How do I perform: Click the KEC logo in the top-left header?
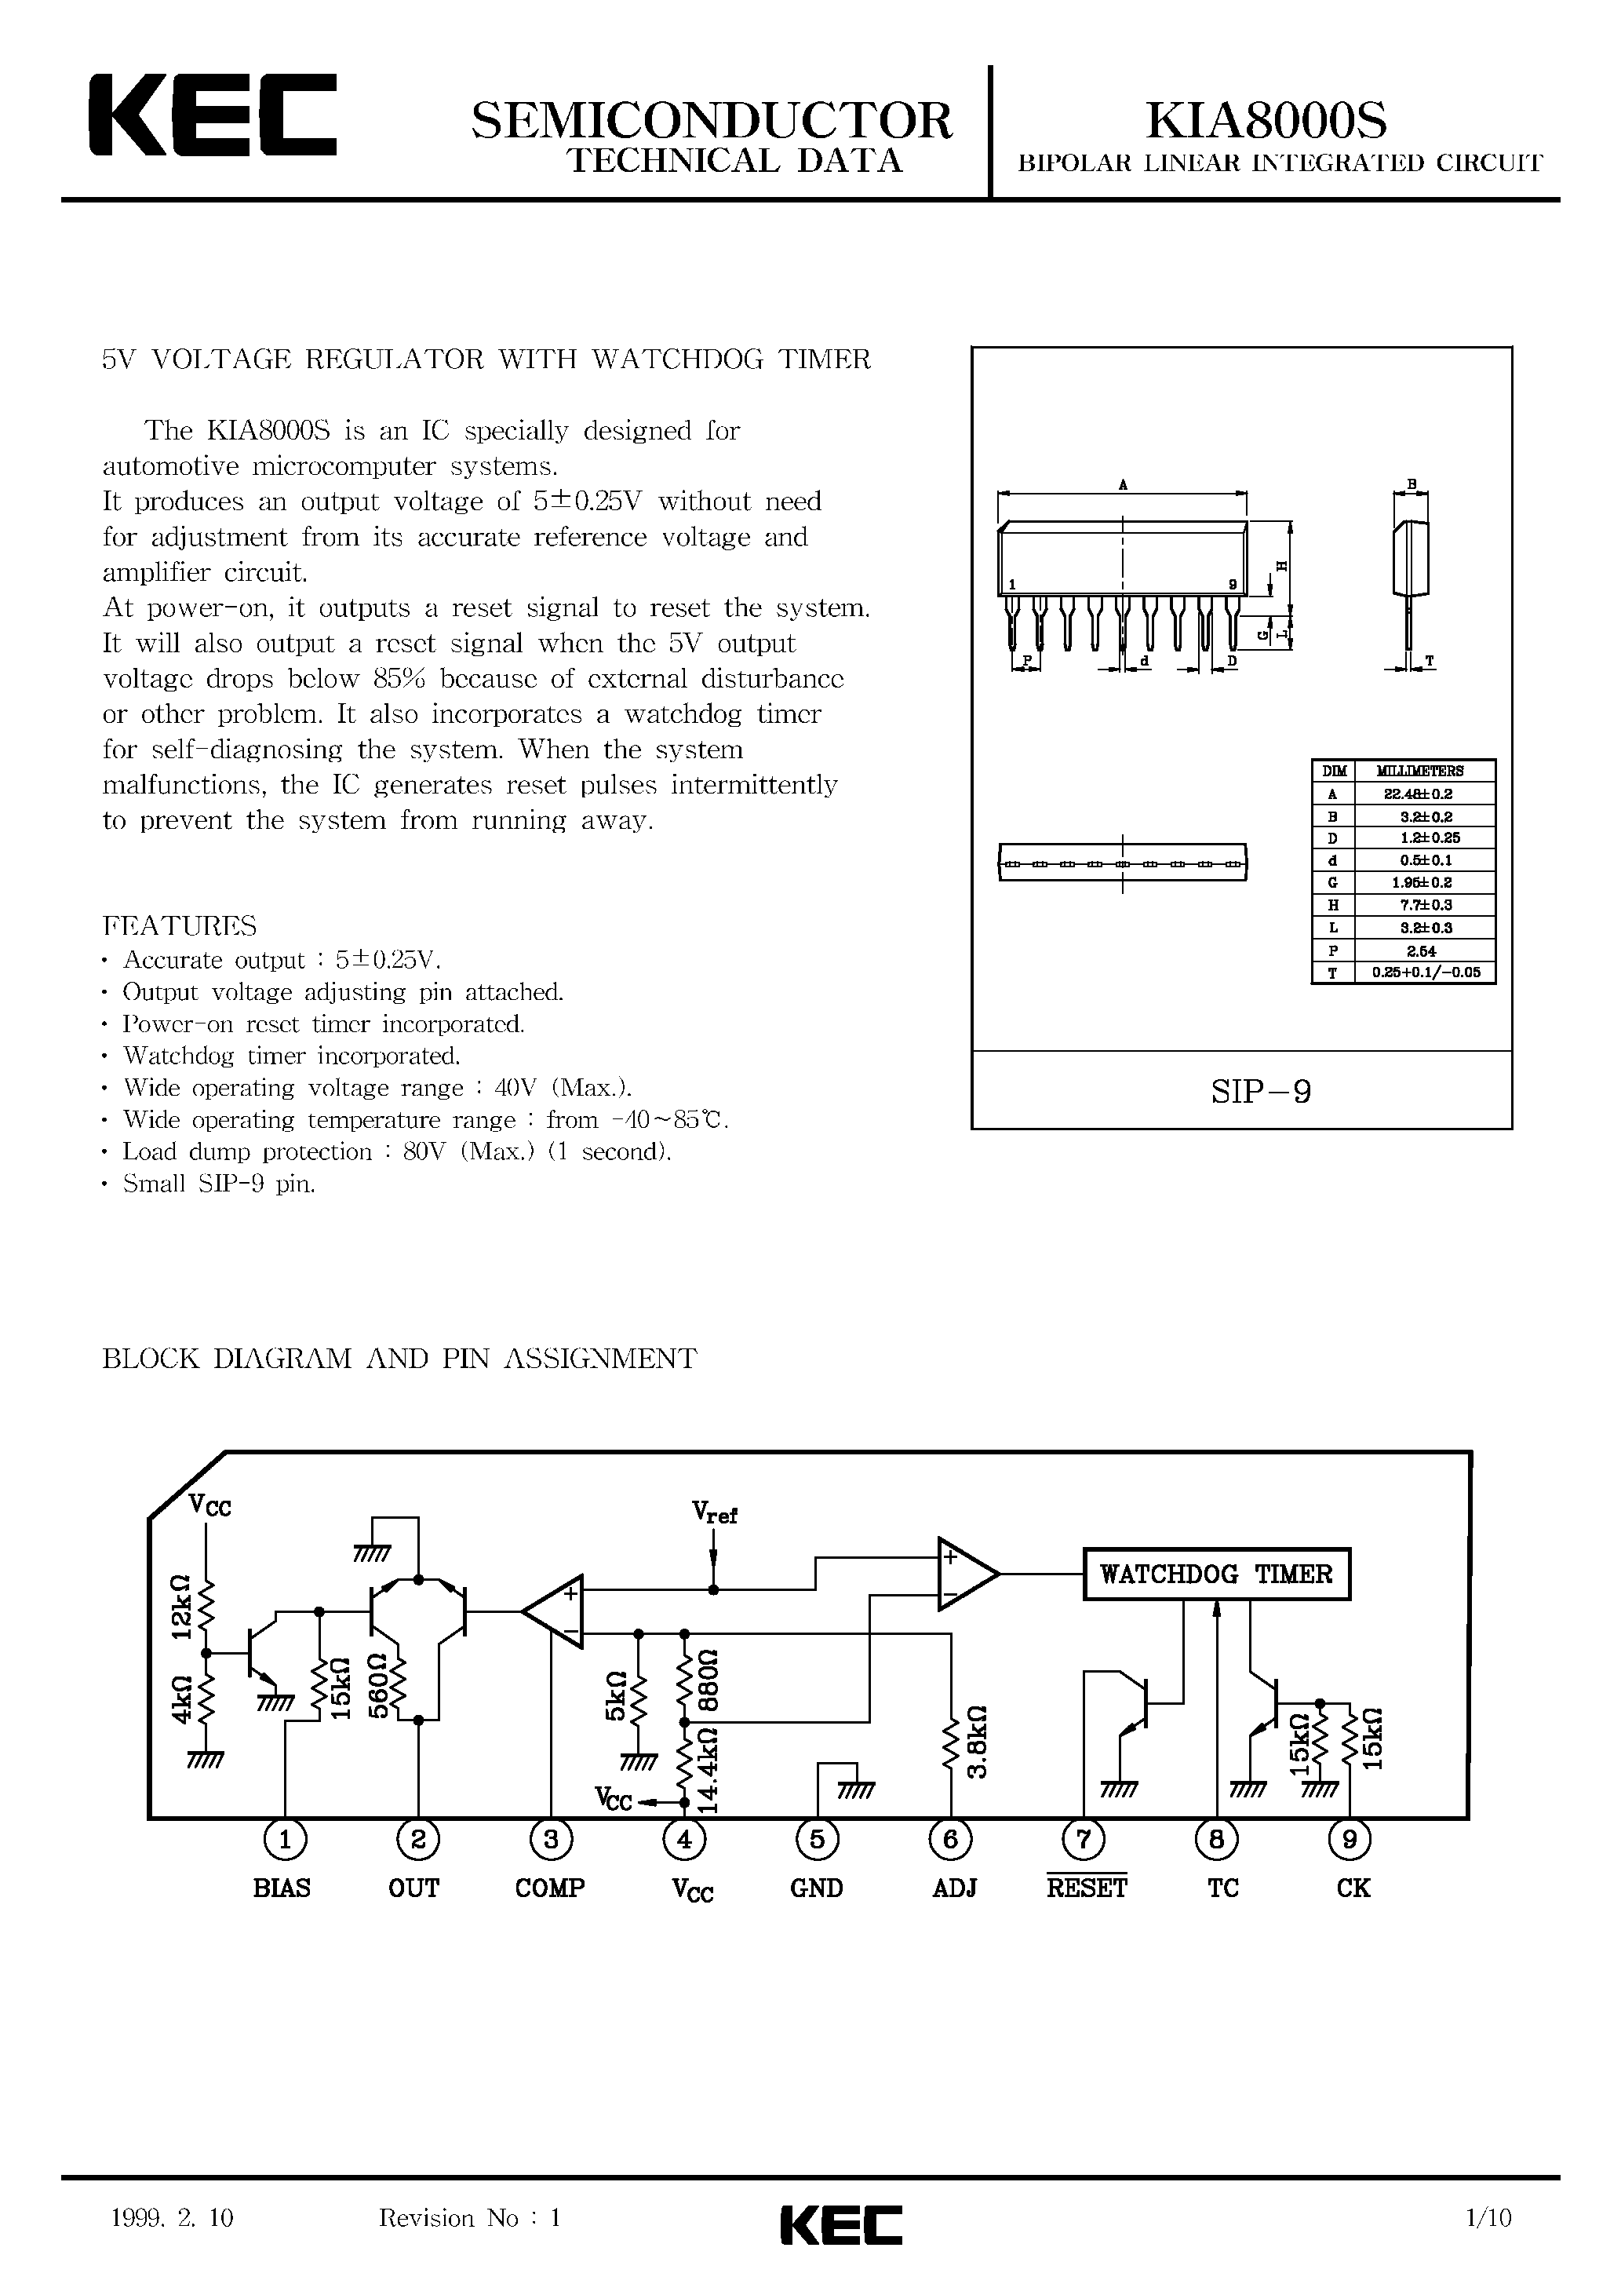(212, 116)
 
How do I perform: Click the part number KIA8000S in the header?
(1266, 121)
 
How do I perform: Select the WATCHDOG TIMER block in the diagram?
(1216, 1574)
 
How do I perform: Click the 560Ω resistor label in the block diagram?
(377, 1686)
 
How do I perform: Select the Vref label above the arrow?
(713, 1512)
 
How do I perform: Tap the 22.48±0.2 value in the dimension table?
(1425, 794)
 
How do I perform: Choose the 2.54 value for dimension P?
(1425, 950)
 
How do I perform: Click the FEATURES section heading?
(179, 925)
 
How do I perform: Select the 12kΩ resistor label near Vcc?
(181, 1607)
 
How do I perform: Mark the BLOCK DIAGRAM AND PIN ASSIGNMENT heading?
(399, 1359)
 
